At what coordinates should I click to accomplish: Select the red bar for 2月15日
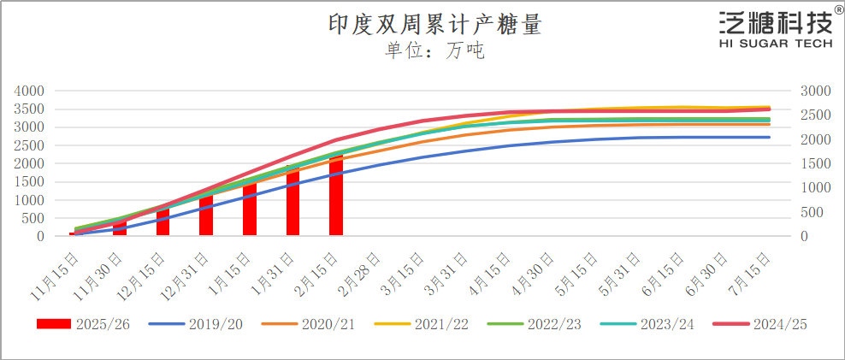coord(335,195)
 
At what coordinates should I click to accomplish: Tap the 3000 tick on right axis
coord(815,91)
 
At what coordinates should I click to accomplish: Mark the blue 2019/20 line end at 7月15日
coord(769,137)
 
